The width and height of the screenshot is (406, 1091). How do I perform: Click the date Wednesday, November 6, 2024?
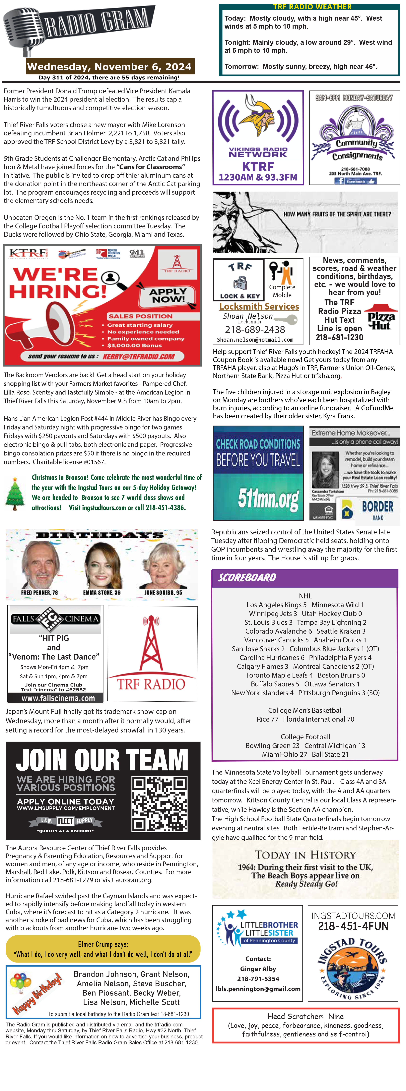[109, 66]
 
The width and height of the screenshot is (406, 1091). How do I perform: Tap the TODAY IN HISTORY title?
[305, 855]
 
